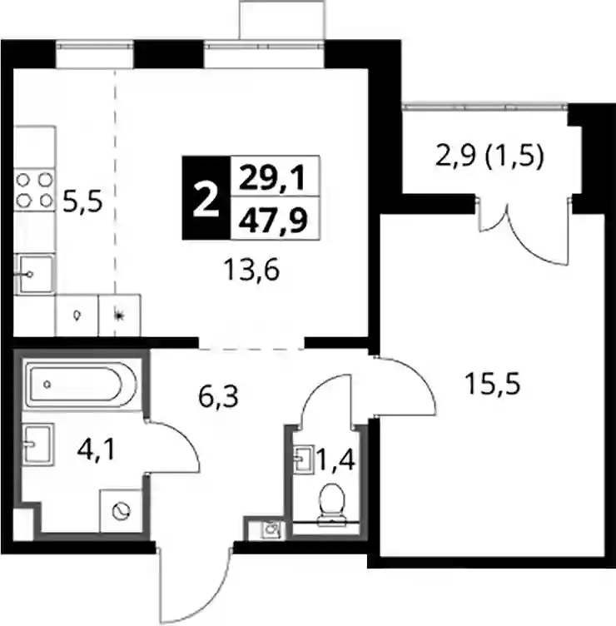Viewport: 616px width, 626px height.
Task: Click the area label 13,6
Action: tap(252, 270)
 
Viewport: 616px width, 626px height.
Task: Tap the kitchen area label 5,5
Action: tap(82, 201)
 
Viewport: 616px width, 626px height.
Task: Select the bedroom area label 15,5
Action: tap(493, 384)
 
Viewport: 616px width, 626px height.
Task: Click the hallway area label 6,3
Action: tap(218, 397)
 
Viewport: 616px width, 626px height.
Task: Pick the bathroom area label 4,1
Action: tap(97, 450)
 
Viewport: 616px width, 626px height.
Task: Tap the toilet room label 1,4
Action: tap(335, 460)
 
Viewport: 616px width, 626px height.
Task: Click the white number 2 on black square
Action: tap(206, 198)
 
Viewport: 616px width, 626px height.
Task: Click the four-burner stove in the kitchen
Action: tap(34, 190)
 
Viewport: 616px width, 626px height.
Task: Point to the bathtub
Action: tap(80, 384)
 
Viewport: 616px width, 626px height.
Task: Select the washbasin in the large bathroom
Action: tap(38, 444)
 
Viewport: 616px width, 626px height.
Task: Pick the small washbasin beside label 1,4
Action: tap(304, 460)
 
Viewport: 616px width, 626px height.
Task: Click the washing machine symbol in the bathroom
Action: tap(121, 511)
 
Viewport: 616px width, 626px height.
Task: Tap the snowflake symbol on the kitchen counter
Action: tap(117, 315)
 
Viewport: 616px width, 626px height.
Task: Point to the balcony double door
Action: tap(524, 231)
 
